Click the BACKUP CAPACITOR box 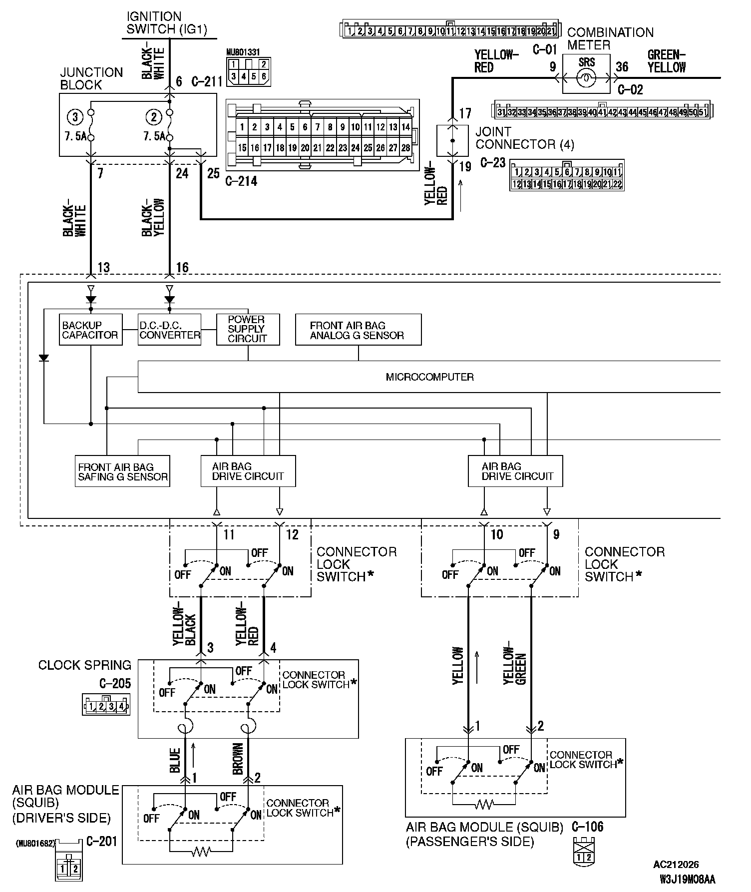[90, 330]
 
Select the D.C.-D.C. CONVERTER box [169, 330]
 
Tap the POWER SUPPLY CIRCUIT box [248, 329]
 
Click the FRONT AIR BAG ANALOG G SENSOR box [358, 330]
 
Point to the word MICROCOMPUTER [429, 377]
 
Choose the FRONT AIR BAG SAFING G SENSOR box [122, 471]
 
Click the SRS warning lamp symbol [586, 78]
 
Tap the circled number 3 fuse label [75, 117]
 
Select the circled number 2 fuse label [153, 117]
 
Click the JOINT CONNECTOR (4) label [524, 138]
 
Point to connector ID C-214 [241, 181]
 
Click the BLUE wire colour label [174, 760]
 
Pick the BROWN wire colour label [238, 759]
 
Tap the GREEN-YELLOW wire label [666, 61]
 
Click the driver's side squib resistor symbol [201, 852]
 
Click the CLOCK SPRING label [85, 665]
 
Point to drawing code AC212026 [676, 865]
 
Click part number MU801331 [243, 52]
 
